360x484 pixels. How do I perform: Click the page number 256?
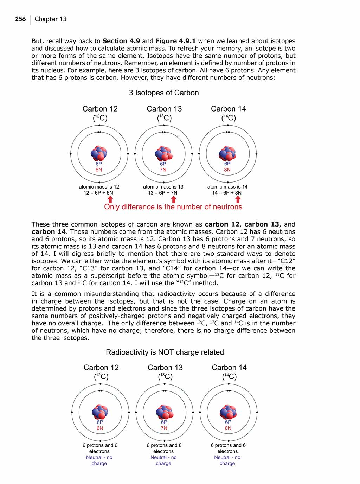pos(20,19)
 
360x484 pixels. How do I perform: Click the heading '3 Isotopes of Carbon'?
pos(164,93)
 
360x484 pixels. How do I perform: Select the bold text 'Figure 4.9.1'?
pos(175,41)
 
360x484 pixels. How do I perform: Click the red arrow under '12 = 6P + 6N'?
pos(110,199)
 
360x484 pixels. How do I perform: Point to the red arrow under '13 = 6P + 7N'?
pos(173,199)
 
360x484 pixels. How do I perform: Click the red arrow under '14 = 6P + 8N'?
pos(238,199)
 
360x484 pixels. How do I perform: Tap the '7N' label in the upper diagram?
pos(163,170)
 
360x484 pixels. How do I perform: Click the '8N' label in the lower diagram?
pos(228,428)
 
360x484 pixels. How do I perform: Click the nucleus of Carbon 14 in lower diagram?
pos(228,412)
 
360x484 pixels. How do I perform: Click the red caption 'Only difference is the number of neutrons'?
pos(173,207)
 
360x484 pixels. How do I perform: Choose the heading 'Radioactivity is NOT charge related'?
pos(165,352)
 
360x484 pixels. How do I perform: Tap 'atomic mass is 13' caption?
pos(163,187)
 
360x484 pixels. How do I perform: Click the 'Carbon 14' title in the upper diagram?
pos(228,109)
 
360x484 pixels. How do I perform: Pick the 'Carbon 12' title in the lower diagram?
pos(101,368)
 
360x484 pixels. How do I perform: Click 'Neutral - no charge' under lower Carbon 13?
pos(163,460)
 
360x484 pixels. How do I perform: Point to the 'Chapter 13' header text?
pos(51,19)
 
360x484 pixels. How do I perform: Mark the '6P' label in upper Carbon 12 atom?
pos(99,164)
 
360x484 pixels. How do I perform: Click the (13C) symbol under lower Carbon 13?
pos(165,377)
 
